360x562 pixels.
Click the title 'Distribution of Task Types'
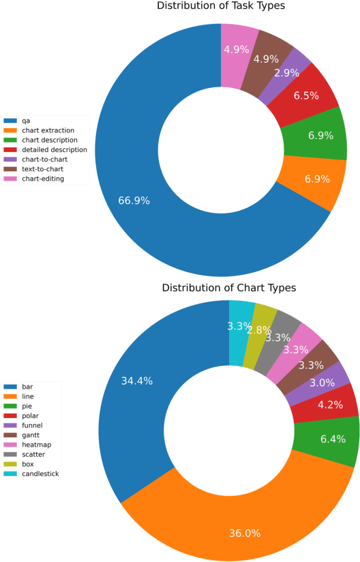221,6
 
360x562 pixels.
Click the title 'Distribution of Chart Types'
229,288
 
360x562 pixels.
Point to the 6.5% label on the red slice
306,96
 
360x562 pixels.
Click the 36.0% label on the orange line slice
244,533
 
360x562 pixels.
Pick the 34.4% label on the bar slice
136,381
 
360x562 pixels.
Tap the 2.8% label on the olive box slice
260,330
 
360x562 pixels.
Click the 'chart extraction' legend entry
48,130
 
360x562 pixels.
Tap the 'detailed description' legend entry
55,149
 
